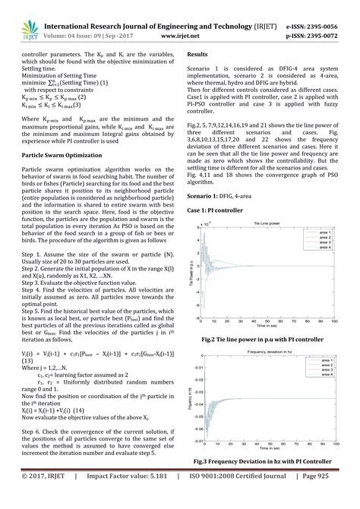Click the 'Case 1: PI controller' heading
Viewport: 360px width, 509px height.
click(x=215, y=209)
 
